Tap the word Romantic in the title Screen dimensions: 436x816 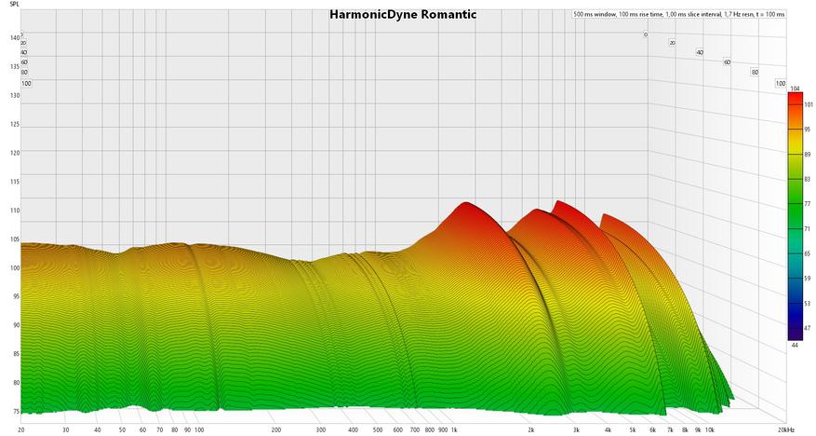(x=448, y=15)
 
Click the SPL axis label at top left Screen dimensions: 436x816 (x=14, y=4)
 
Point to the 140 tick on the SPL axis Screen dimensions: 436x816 (x=14, y=38)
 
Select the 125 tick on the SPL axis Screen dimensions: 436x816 (x=14, y=124)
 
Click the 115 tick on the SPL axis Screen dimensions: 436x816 (x=14, y=182)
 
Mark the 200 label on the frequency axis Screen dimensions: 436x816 (x=276, y=430)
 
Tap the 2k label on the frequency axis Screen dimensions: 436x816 (x=530, y=430)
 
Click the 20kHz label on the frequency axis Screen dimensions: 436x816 (x=786, y=430)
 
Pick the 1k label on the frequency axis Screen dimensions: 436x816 (x=455, y=430)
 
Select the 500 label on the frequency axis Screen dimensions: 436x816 (x=377, y=430)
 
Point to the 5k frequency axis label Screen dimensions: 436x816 (x=632, y=430)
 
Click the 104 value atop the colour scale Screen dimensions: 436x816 (x=794, y=88)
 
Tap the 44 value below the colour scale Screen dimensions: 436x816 (x=794, y=346)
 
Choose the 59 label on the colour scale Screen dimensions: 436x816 (x=806, y=278)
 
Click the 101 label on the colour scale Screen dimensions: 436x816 (x=806, y=105)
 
